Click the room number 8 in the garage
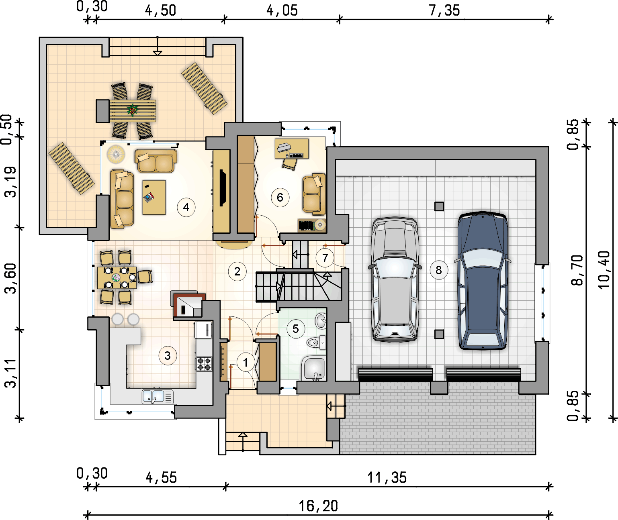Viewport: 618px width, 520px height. pyautogui.click(x=438, y=270)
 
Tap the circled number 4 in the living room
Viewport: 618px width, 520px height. pyautogui.click(x=186, y=207)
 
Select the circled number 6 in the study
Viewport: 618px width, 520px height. pyautogui.click(x=280, y=197)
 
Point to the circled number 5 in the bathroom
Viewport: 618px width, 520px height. pyautogui.click(x=295, y=328)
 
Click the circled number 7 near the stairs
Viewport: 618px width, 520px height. pyautogui.click(x=325, y=258)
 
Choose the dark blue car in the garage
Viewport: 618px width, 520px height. pyautogui.click(x=483, y=280)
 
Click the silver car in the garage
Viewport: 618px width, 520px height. pyautogui.click(x=395, y=280)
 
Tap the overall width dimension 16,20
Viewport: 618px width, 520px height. pyautogui.click(x=318, y=506)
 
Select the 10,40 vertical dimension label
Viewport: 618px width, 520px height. pyautogui.click(x=604, y=270)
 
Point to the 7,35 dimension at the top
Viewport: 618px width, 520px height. pyautogui.click(x=444, y=10)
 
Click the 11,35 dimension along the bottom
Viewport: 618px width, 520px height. pyautogui.click(x=387, y=478)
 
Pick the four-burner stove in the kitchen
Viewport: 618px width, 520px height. pyautogui.click(x=204, y=364)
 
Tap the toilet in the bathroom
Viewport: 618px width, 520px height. pyautogui.click(x=316, y=343)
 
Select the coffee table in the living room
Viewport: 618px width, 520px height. pyautogui.click(x=154, y=197)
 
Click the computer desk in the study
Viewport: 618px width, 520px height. pyautogui.click(x=292, y=149)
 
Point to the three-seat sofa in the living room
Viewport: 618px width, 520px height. pyautogui.click(x=122, y=199)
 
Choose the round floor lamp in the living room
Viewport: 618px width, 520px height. pyautogui.click(x=116, y=154)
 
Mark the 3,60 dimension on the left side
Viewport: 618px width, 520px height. pyautogui.click(x=11, y=278)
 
